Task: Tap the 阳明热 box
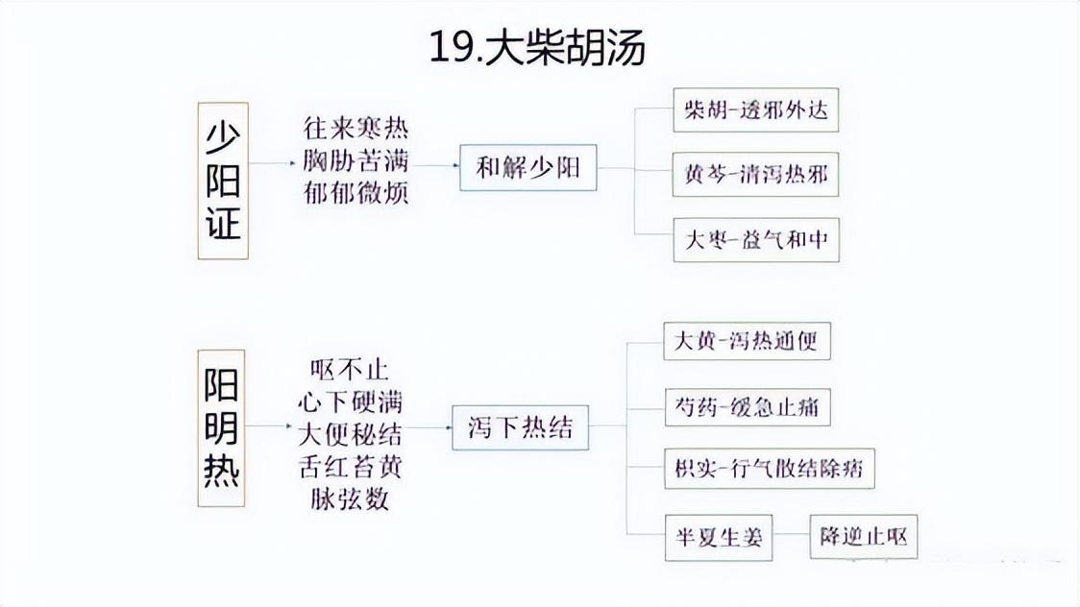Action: pyautogui.click(x=223, y=428)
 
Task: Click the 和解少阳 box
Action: pyautogui.click(x=528, y=167)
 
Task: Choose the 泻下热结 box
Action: pyautogui.click(x=520, y=426)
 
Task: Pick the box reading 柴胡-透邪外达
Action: pyautogui.click(x=755, y=111)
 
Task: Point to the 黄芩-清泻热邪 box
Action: pyautogui.click(x=755, y=176)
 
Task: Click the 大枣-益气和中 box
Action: pyautogui.click(x=755, y=239)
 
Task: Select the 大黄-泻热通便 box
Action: pyautogui.click(x=747, y=341)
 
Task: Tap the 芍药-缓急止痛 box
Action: pyautogui.click(x=747, y=406)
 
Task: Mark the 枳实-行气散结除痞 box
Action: pyautogui.click(x=769, y=471)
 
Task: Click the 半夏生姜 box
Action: pyautogui.click(x=719, y=537)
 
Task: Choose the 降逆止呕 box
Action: pyautogui.click(x=863, y=537)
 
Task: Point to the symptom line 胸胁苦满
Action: pyautogui.click(x=356, y=160)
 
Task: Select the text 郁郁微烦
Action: pyautogui.click(x=356, y=191)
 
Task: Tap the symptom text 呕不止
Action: pyautogui.click(x=350, y=368)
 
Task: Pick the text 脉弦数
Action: pyautogui.click(x=350, y=499)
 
